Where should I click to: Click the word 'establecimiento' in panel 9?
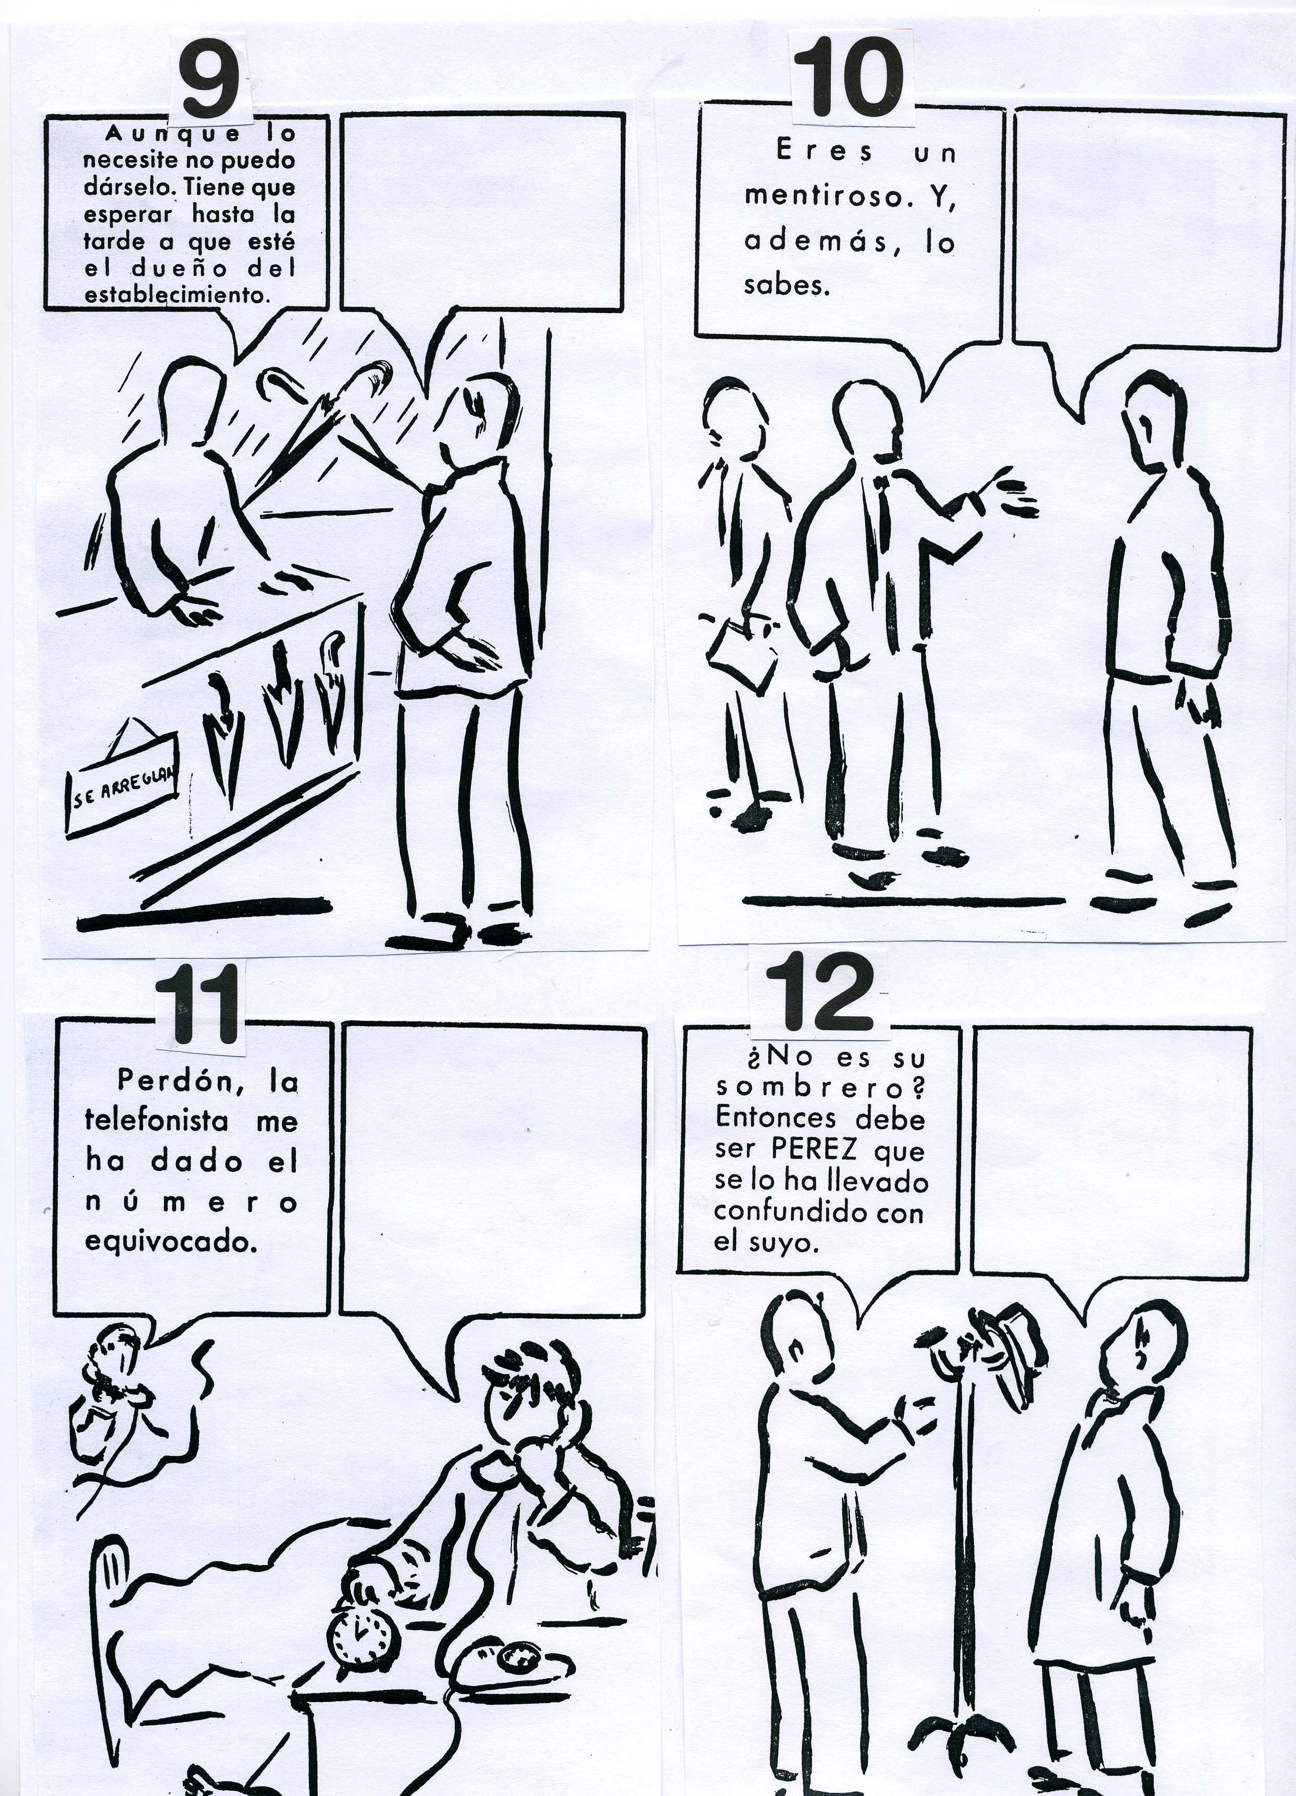point(175,295)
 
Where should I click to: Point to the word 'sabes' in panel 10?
point(786,284)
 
